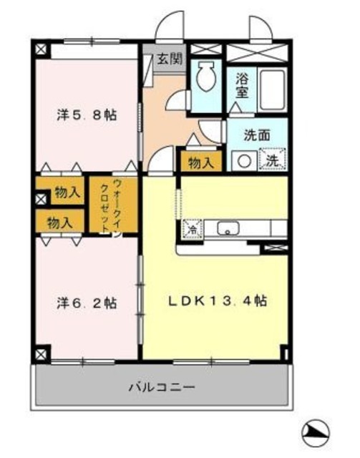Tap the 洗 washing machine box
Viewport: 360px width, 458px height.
tap(273, 160)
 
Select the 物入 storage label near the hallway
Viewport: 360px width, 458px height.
tap(200, 163)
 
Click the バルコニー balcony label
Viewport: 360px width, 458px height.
tap(162, 387)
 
